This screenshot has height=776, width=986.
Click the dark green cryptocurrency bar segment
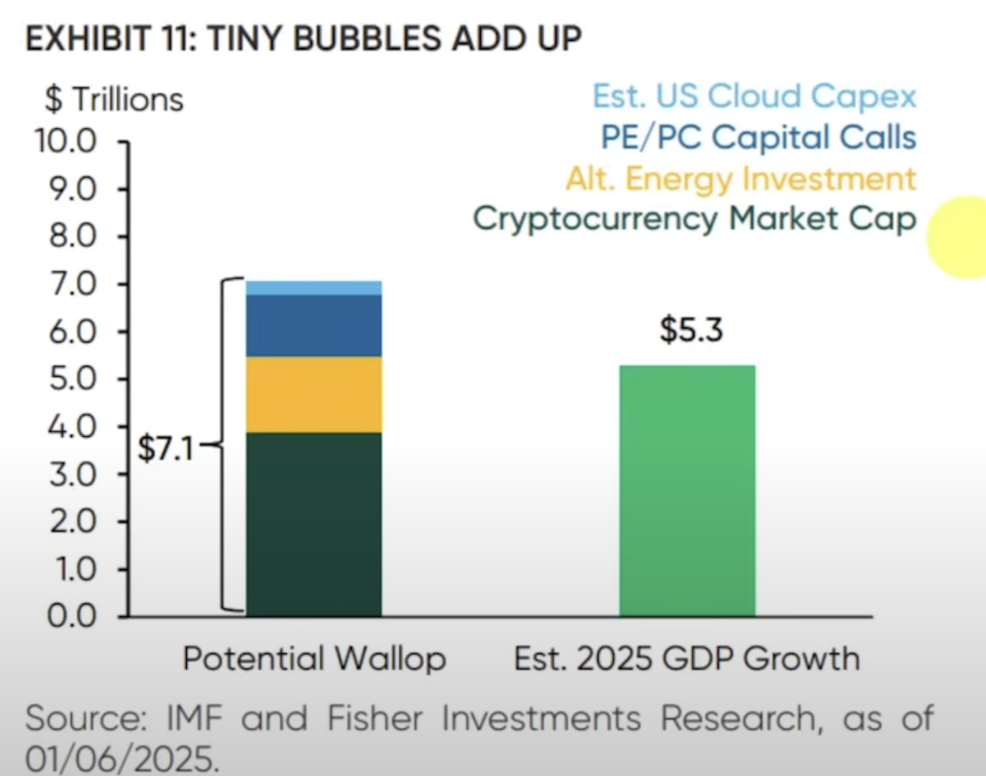pyautogui.click(x=313, y=525)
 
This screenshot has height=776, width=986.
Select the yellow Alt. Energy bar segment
pyautogui.click(x=313, y=394)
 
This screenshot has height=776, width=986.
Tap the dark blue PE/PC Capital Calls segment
pyautogui.click(x=313, y=325)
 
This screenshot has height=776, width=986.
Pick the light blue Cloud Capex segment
pyautogui.click(x=313, y=287)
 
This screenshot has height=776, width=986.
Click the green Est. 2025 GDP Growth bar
pyautogui.click(x=687, y=491)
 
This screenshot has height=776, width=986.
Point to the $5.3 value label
pyautogui.click(x=691, y=330)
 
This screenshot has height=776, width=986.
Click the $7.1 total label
pyautogui.click(x=166, y=449)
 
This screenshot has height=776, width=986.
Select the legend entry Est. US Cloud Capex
pyautogui.click(x=755, y=96)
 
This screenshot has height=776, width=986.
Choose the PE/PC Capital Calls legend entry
pyautogui.click(x=758, y=137)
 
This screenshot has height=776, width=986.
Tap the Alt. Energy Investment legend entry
pyautogui.click(x=741, y=178)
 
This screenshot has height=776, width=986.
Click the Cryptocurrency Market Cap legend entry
pyautogui.click(x=694, y=218)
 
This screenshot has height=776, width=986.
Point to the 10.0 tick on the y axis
pyautogui.click(x=66, y=141)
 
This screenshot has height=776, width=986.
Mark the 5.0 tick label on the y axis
pyautogui.click(x=72, y=379)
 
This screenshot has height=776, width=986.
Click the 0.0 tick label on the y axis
pyautogui.click(x=72, y=616)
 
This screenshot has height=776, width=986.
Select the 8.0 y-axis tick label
pyautogui.click(x=72, y=236)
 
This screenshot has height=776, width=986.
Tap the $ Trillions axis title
pyautogui.click(x=114, y=99)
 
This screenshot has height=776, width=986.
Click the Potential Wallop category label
pyautogui.click(x=314, y=658)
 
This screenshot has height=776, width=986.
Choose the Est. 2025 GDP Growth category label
pyautogui.click(x=686, y=658)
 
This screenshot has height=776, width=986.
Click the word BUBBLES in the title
pyautogui.click(x=367, y=39)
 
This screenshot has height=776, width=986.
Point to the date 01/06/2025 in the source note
pyautogui.click(x=121, y=758)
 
